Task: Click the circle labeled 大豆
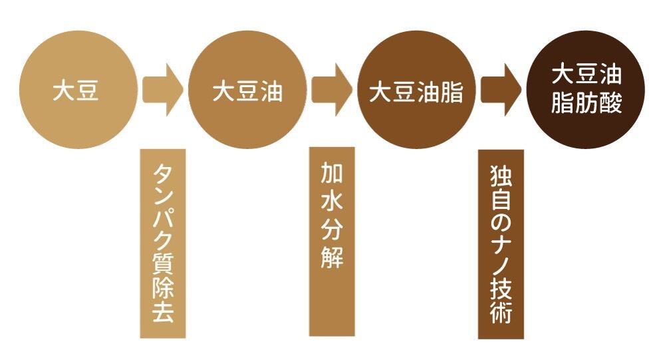pos(76,91)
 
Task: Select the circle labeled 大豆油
pos(247,91)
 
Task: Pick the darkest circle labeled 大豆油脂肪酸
pos(585,91)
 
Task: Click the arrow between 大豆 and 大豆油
pos(162,90)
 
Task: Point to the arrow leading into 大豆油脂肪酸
pos(501,90)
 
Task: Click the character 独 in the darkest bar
pos(501,174)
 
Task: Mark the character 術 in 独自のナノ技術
pos(501,311)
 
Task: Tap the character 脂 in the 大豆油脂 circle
pos(450,92)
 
